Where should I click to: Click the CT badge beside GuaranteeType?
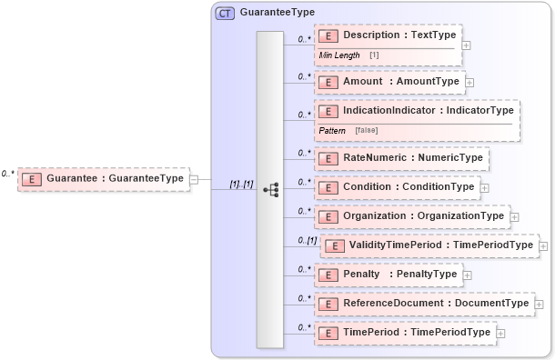tap(224, 13)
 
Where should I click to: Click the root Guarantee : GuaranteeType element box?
tap(105, 179)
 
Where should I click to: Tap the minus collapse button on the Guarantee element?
tap(194, 179)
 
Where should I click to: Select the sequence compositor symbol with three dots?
tap(270, 189)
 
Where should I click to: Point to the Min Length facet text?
tap(339, 55)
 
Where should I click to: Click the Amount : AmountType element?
tap(389, 82)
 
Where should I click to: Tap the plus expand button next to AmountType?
tap(469, 82)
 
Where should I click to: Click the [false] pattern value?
tap(367, 130)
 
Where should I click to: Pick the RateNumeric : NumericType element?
tap(401, 158)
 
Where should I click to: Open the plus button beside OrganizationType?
tap(515, 217)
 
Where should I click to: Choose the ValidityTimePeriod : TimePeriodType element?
tap(429, 245)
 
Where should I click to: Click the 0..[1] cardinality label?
tap(308, 240)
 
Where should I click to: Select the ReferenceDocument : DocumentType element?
tap(424, 303)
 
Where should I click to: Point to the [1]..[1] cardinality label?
tap(241, 184)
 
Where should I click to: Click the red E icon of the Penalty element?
tap(328, 274)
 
